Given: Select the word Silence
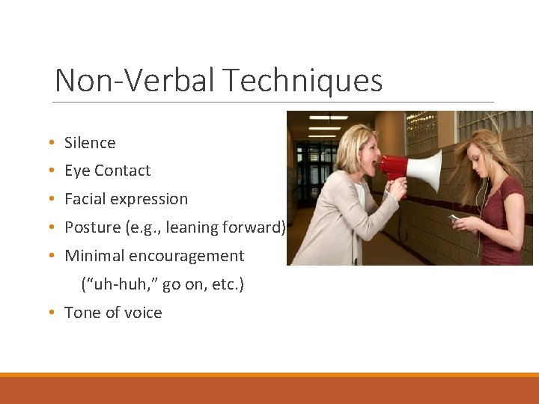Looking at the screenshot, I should (x=90, y=143).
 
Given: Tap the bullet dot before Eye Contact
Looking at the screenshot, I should (x=49, y=171).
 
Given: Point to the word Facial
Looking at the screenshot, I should (x=84, y=199).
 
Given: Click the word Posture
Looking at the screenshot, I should (x=92, y=227).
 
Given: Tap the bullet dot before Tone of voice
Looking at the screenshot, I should (x=49, y=313).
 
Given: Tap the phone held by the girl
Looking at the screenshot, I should (x=454, y=218).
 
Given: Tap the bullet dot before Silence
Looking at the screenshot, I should (x=49, y=143).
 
